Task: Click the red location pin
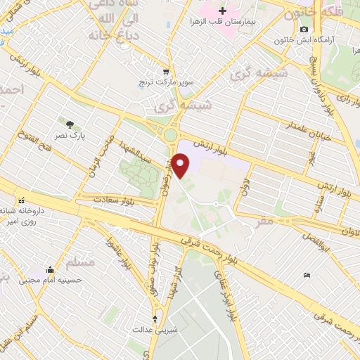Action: coord(181,165)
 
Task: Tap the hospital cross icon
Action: coord(222,11)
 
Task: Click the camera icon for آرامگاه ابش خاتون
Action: coord(304,29)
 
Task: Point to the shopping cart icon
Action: coord(165,70)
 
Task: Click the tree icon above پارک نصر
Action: coord(69,124)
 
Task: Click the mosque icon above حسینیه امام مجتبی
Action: coord(49,269)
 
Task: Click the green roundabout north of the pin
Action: coord(171,134)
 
